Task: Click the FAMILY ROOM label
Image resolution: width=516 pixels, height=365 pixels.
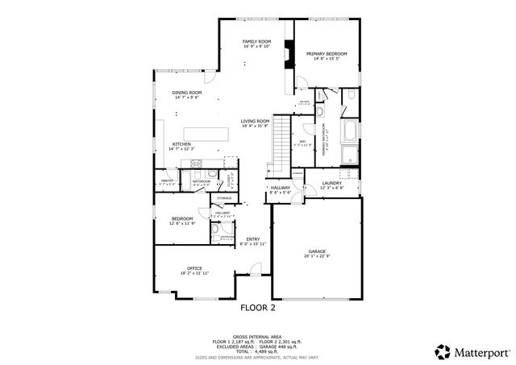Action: point(257,41)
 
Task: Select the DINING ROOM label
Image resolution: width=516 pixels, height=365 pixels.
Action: point(186,93)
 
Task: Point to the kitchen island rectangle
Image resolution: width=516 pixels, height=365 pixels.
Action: point(206,133)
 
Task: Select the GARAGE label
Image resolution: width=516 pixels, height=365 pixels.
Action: point(317,251)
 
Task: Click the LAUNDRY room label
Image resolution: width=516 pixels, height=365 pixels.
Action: point(332,183)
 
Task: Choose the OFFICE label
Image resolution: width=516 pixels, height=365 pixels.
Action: point(194,268)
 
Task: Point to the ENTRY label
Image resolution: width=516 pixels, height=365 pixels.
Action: point(253,238)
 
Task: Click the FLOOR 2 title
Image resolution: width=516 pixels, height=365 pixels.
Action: point(258,307)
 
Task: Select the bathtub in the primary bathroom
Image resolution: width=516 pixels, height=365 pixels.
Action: point(352,131)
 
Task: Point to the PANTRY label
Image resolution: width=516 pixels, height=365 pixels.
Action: point(168,180)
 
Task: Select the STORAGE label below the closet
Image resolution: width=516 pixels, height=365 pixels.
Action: point(223,197)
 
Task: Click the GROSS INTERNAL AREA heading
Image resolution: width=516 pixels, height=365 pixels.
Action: point(258,337)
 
